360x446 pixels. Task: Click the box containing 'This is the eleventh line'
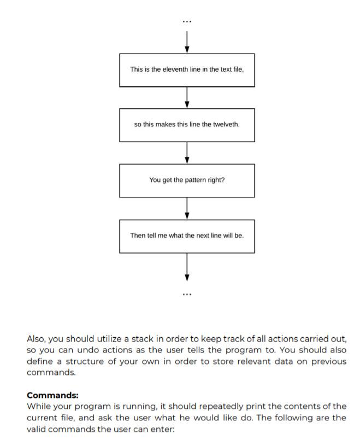187,70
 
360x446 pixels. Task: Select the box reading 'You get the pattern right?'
187,180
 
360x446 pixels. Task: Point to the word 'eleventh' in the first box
177,69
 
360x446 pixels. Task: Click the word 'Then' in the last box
138,236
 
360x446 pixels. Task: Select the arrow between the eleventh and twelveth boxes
187,97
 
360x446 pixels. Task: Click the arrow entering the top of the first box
187,42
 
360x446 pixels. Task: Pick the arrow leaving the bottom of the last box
187,267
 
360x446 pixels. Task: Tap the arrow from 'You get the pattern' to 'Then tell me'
187,208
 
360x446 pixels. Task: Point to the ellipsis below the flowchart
187,294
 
